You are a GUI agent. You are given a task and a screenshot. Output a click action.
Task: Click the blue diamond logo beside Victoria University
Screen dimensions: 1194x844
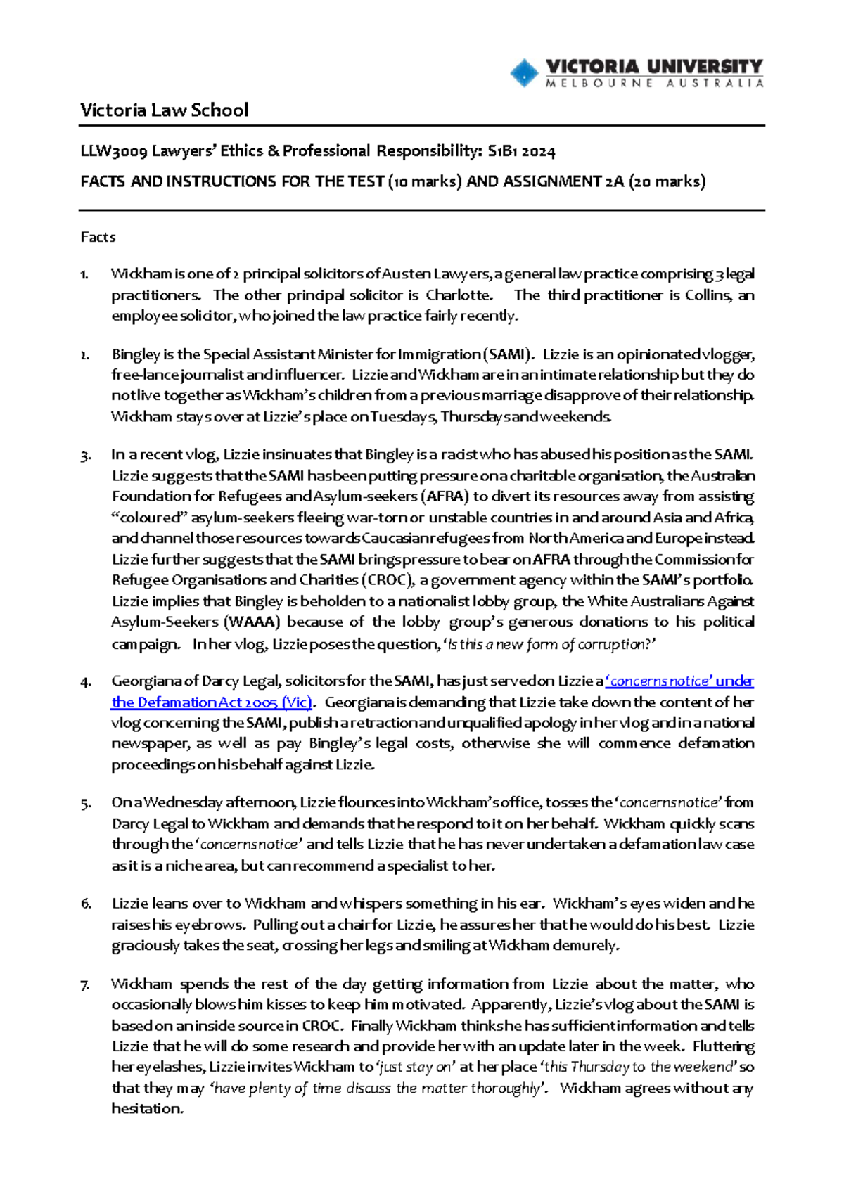point(523,72)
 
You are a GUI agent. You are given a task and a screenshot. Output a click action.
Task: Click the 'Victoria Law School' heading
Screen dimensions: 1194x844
point(164,110)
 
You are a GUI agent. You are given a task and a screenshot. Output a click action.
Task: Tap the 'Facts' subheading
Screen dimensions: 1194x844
point(98,237)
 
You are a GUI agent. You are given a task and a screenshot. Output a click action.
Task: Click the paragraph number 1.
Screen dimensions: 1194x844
point(84,274)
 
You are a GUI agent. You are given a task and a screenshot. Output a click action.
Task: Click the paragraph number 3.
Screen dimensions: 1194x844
point(85,456)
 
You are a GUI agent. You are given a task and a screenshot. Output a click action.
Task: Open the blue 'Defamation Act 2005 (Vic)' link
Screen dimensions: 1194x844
point(211,702)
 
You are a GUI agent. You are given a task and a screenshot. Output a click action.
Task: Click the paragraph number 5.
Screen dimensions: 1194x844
point(85,804)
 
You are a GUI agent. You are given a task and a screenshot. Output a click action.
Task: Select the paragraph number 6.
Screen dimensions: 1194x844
point(85,904)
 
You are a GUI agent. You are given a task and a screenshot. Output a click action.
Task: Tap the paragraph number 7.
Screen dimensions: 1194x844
point(85,984)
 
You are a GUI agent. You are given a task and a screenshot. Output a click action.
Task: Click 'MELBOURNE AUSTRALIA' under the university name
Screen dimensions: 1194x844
point(654,83)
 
